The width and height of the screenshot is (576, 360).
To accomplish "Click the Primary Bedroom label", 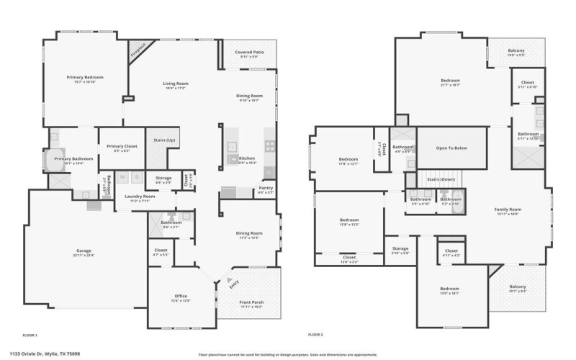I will [85, 77].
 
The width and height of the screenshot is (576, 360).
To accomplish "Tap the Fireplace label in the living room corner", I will [138, 50].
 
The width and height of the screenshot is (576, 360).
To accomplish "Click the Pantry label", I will [265, 189].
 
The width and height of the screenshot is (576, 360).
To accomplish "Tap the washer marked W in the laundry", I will [122, 176].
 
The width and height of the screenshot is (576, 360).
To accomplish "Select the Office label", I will [181, 295].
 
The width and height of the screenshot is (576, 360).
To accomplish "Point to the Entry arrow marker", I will [231, 281].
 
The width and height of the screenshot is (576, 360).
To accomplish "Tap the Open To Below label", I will [451, 148].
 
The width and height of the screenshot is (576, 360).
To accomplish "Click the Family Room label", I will [507, 210].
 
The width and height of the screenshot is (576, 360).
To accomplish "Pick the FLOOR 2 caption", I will [315, 335].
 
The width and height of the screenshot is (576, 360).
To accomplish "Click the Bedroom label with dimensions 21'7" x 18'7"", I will [450, 81].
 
